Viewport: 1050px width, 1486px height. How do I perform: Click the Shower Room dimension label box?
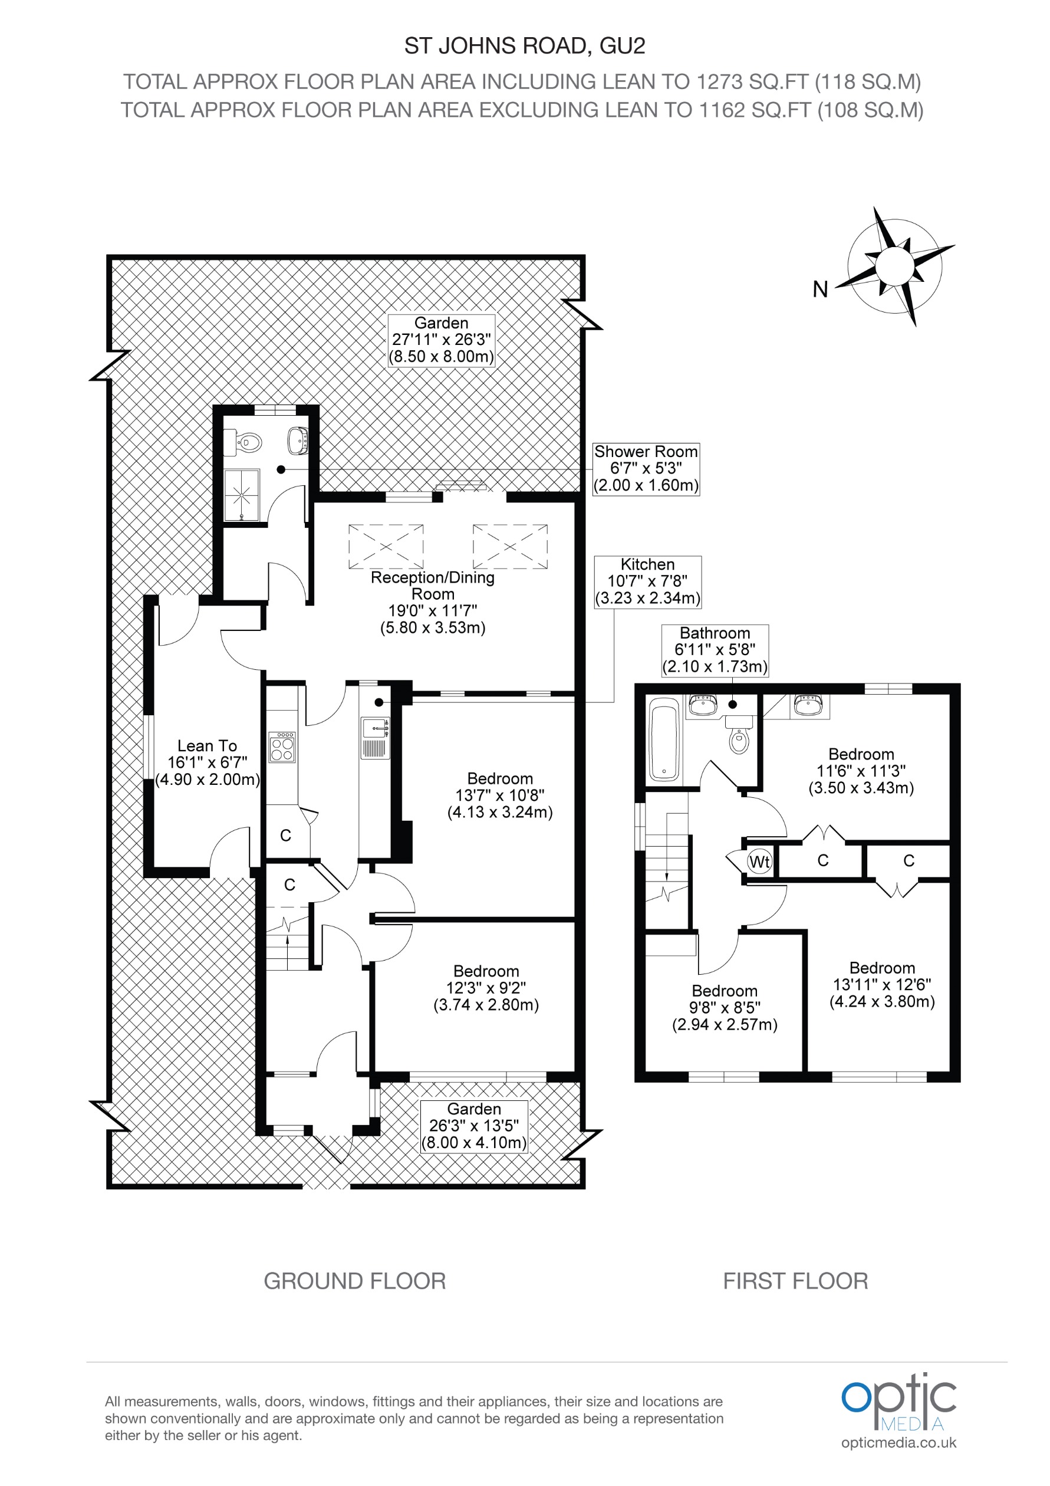click(x=646, y=469)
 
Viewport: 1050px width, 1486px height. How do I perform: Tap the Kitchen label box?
click(x=647, y=581)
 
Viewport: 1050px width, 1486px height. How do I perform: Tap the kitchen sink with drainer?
click(x=375, y=738)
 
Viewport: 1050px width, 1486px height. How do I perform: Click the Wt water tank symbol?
click(x=759, y=862)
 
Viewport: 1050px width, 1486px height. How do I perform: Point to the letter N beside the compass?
click(x=819, y=290)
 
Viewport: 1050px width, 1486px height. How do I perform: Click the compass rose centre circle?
click(x=894, y=266)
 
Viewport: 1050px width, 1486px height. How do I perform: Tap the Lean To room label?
click(x=207, y=762)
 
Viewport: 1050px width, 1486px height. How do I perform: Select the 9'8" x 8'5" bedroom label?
click(x=724, y=1008)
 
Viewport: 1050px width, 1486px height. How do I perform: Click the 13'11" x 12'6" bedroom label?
click(x=882, y=984)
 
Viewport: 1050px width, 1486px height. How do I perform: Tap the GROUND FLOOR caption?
click(x=354, y=1281)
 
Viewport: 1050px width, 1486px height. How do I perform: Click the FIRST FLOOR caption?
click(x=795, y=1281)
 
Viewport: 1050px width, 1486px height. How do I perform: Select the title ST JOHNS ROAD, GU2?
click(x=525, y=46)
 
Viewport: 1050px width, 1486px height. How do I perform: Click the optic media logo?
click(x=898, y=1409)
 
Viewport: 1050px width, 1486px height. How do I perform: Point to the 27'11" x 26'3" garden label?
click(x=441, y=340)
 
